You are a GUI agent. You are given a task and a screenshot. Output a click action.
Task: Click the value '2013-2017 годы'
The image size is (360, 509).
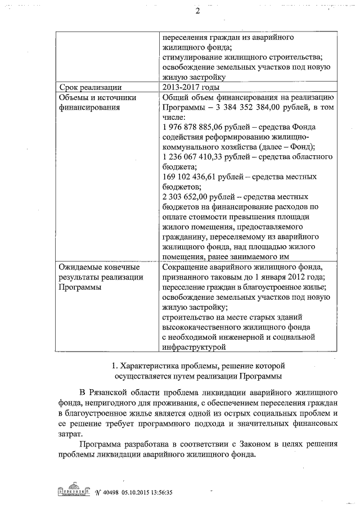pos(189,87)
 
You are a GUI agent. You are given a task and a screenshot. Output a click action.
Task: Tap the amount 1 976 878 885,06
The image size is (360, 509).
pos(189,127)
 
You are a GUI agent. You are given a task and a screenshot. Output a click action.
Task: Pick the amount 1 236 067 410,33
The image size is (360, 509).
pos(189,157)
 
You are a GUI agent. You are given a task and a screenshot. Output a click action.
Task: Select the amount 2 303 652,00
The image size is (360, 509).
pos(182,197)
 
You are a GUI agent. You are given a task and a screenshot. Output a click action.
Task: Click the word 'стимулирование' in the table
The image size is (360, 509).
pos(189,57)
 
